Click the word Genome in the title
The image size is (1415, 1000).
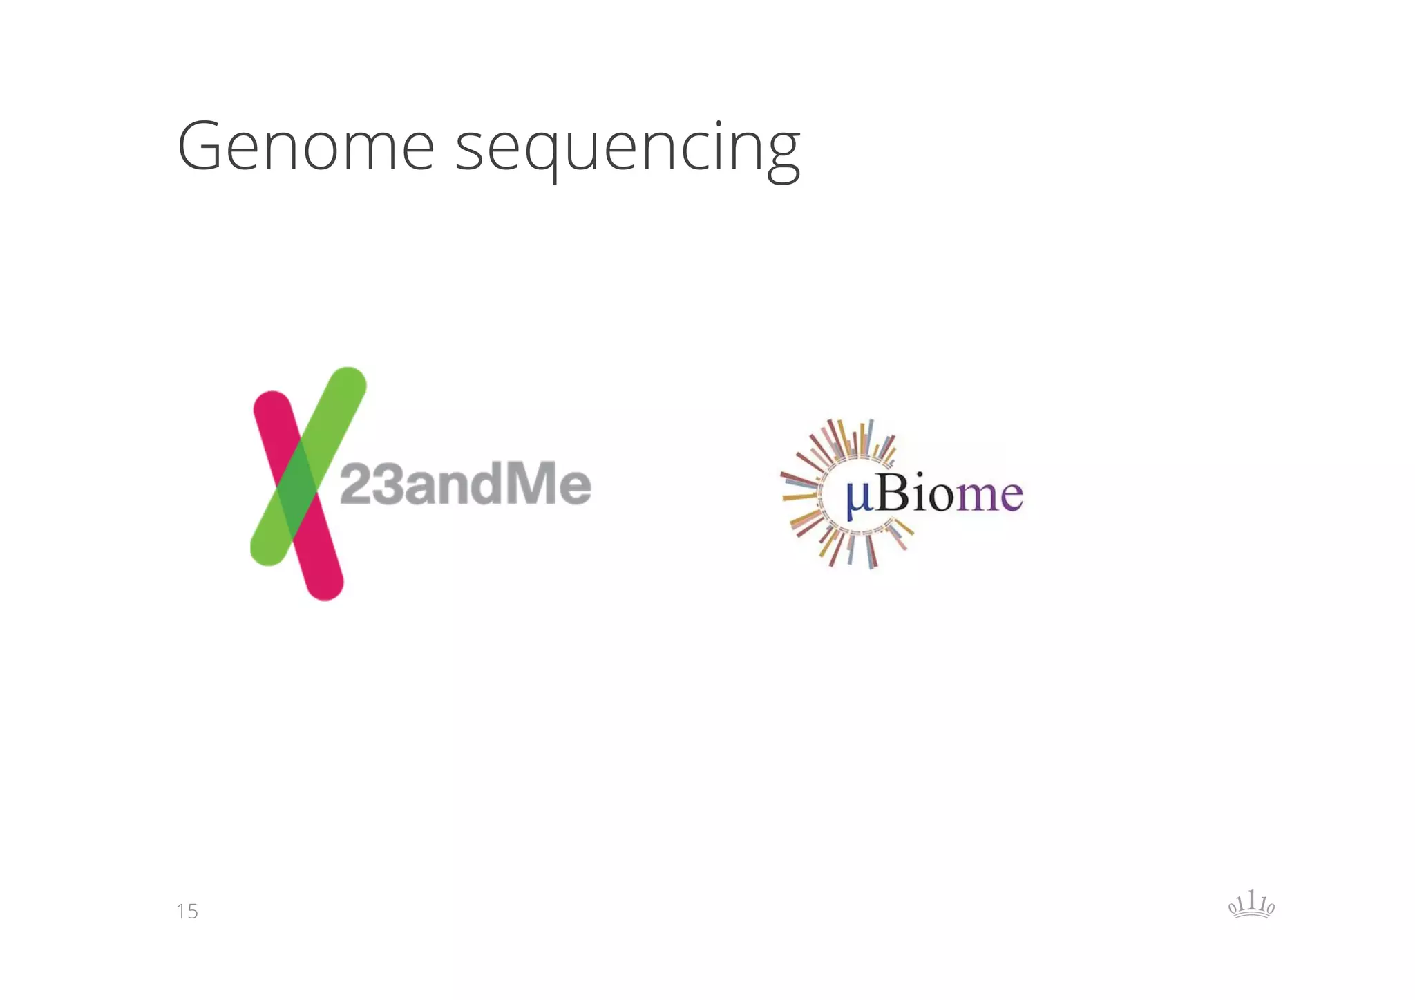click(x=305, y=147)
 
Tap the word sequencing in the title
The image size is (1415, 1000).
click(x=627, y=149)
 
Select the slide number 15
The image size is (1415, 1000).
click(x=187, y=912)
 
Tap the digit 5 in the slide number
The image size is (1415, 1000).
click(x=192, y=912)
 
